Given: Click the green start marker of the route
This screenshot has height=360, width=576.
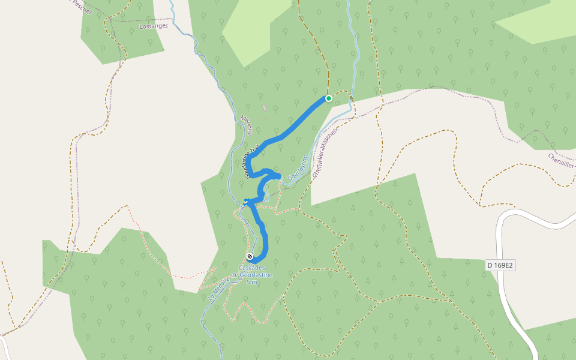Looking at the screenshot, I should (x=329, y=98).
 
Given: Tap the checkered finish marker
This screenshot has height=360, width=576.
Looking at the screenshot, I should (x=250, y=257).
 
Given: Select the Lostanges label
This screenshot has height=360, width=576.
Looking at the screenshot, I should (x=151, y=27).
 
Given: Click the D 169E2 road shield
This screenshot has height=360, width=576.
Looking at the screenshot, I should (x=501, y=265).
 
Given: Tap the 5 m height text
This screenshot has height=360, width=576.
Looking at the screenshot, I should (x=252, y=282).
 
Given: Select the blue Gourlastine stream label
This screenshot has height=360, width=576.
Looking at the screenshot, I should (x=298, y=168).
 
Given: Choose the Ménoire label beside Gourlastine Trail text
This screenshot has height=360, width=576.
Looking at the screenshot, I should (x=246, y=125).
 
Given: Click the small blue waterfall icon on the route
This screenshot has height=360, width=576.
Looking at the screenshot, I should (x=246, y=200).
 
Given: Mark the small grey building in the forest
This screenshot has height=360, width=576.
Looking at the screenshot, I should (x=263, y=108).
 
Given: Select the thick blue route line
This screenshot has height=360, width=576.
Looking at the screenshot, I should (x=294, y=127).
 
